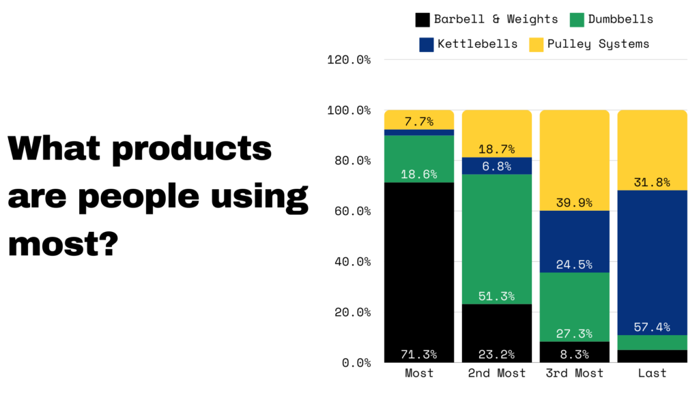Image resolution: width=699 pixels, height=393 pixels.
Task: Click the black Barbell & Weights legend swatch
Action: (423, 20)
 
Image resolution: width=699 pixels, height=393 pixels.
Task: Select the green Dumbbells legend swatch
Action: (577, 20)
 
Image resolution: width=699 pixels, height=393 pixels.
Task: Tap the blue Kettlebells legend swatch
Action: (427, 44)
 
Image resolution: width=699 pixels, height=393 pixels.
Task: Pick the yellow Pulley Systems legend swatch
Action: (536, 44)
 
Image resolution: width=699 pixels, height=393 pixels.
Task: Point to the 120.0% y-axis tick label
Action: (349, 60)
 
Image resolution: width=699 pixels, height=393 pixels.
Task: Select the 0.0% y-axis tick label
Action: (356, 363)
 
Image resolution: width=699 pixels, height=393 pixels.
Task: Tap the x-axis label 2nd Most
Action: (497, 374)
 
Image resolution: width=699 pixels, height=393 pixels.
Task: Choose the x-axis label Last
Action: (653, 374)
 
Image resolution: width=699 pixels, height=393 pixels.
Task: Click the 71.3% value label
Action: (419, 355)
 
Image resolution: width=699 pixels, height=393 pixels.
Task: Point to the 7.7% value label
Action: (419, 122)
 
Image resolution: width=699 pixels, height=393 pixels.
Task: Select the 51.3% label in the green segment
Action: (497, 297)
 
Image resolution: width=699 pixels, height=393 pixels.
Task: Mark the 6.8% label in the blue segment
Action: (497, 166)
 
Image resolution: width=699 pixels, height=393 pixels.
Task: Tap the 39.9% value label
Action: (575, 203)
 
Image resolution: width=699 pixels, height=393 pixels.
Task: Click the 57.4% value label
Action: (653, 327)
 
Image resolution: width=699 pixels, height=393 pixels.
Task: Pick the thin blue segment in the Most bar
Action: (419, 132)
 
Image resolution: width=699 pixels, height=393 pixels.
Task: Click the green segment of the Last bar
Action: (653, 343)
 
